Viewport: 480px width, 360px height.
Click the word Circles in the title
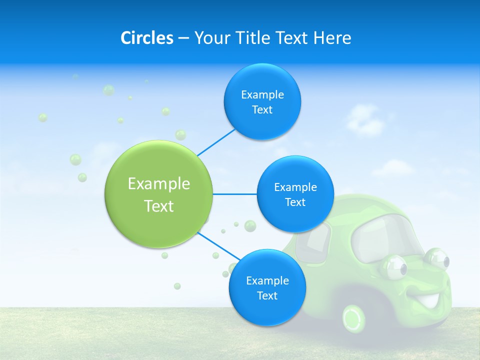(146, 38)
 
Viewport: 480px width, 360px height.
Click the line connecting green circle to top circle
(216, 142)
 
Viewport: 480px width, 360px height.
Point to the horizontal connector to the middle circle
(234, 194)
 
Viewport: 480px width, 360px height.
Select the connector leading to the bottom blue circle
(218, 246)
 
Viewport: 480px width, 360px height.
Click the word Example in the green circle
(159, 184)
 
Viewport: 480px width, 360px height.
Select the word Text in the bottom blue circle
(267, 296)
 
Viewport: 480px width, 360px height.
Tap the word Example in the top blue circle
(262, 95)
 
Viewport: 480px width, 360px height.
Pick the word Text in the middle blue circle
(295, 202)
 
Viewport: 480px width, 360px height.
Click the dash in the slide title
(183, 38)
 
